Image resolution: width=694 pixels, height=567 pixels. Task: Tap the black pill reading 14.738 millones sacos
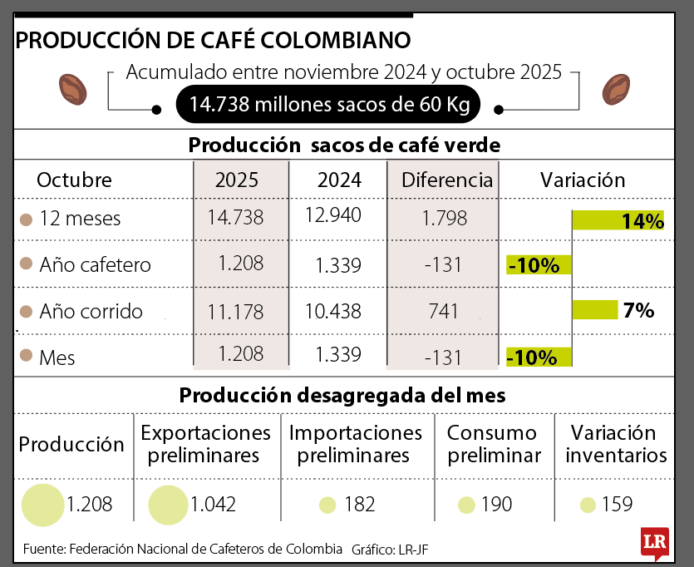pos(329,105)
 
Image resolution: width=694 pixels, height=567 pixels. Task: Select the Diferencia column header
pos(446,180)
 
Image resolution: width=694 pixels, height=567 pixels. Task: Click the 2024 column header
pos(338,180)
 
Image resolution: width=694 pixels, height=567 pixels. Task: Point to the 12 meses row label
pos(79,219)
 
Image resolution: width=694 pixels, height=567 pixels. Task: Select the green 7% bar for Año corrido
pos(595,310)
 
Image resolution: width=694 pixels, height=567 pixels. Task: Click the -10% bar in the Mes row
pos(539,357)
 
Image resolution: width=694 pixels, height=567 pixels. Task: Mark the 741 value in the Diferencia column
pos(443,312)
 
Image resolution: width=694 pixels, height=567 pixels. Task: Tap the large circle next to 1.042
pos(167,505)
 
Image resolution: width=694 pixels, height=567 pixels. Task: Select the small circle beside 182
pos(327,505)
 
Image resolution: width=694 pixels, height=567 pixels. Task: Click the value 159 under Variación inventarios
pos(618,505)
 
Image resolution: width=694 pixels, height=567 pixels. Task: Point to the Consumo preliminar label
pos(494,444)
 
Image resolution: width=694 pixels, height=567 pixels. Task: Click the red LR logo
pos(654,543)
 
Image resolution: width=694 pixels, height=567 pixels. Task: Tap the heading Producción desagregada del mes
pos(342,396)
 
